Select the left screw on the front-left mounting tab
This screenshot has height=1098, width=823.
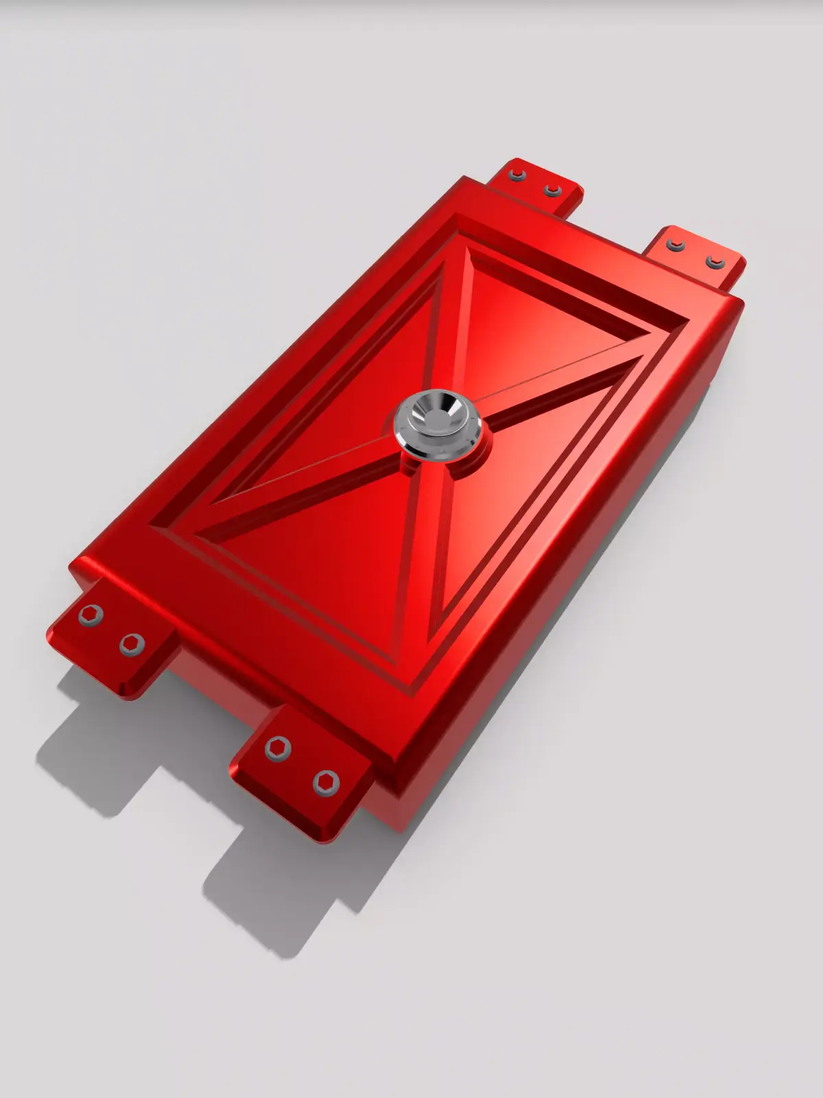[90, 615]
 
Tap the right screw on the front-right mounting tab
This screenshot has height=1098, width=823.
[326, 782]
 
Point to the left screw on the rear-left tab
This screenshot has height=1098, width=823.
[516, 175]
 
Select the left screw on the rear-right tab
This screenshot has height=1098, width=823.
[676, 246]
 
